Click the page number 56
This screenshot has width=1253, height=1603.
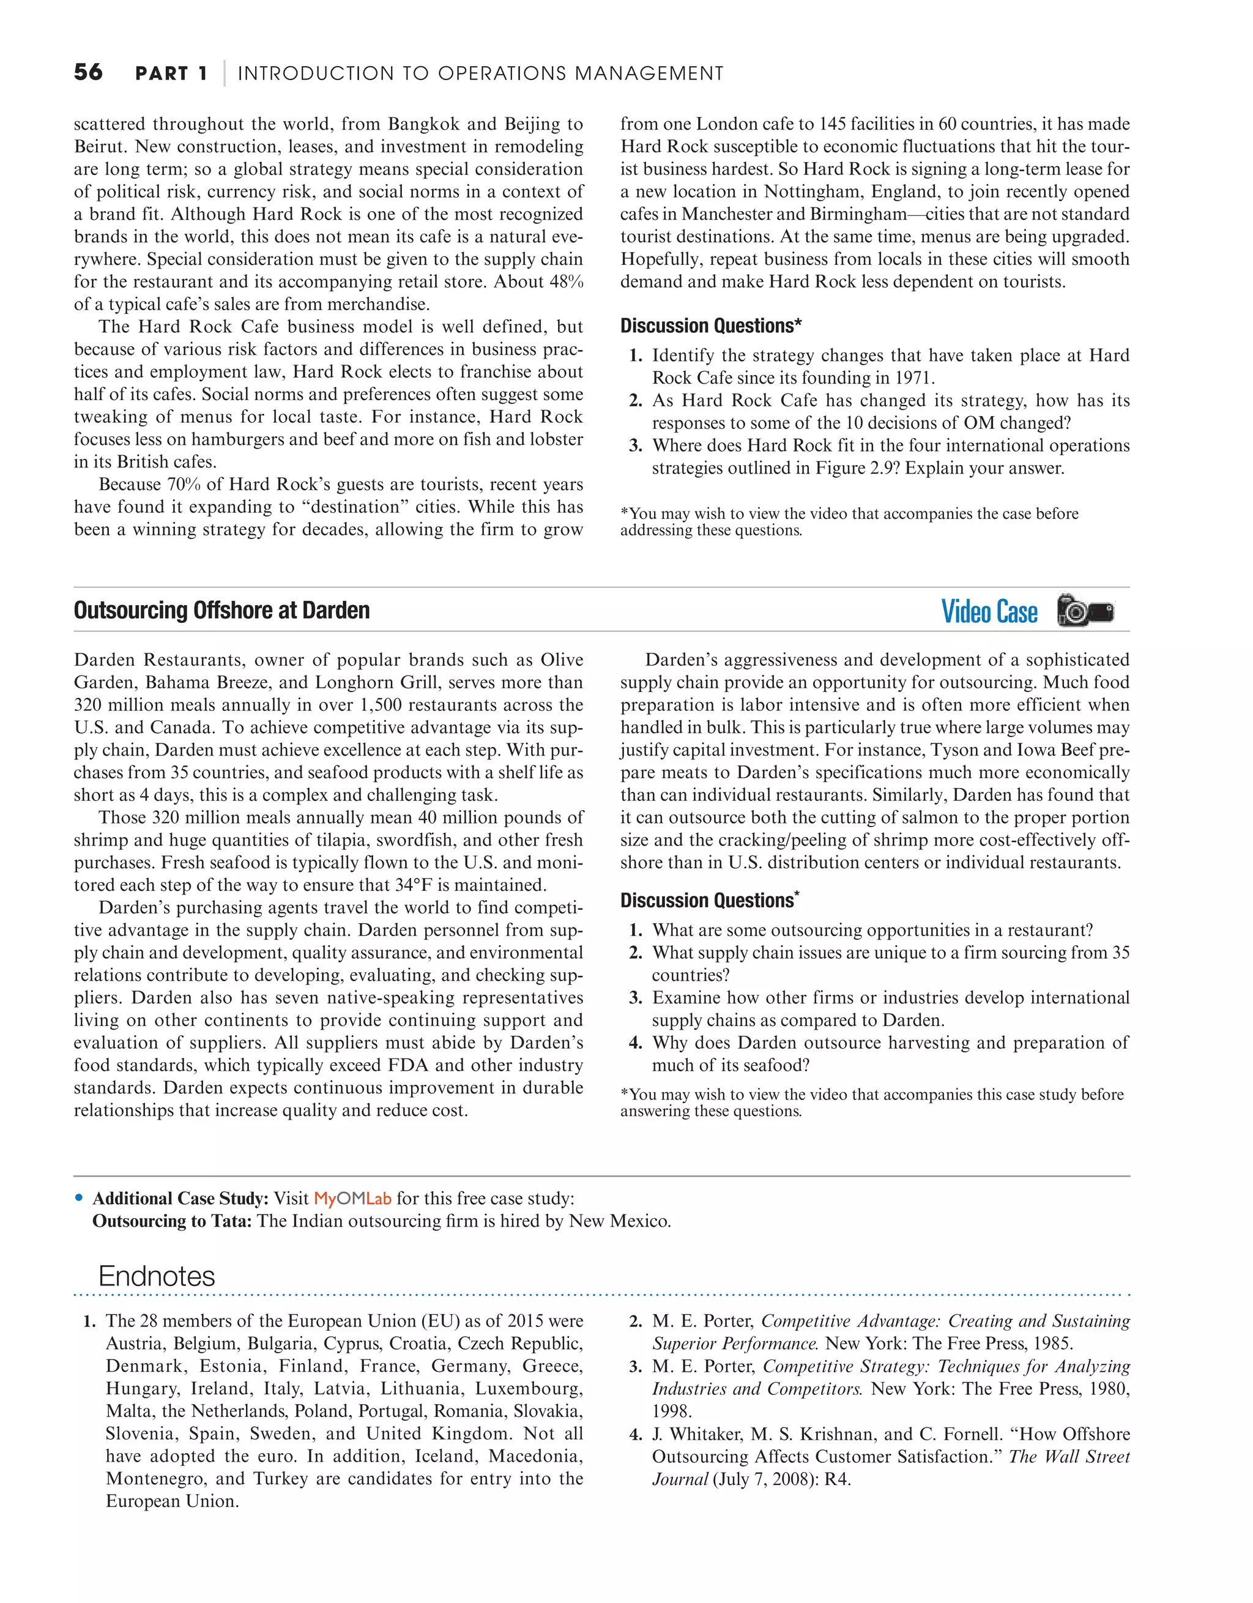click(x=88, y=72)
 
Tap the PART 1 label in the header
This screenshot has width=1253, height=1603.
click(x=171, y=73)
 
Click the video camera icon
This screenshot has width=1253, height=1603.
click(x=1085, y=611)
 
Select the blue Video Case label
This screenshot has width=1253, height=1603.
click(x=989, y=611)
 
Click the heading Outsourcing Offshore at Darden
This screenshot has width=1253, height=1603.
click(x=221, y=610)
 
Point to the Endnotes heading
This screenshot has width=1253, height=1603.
click(x=157, y=1276)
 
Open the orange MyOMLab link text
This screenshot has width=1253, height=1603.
click(x=352, y=1199)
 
